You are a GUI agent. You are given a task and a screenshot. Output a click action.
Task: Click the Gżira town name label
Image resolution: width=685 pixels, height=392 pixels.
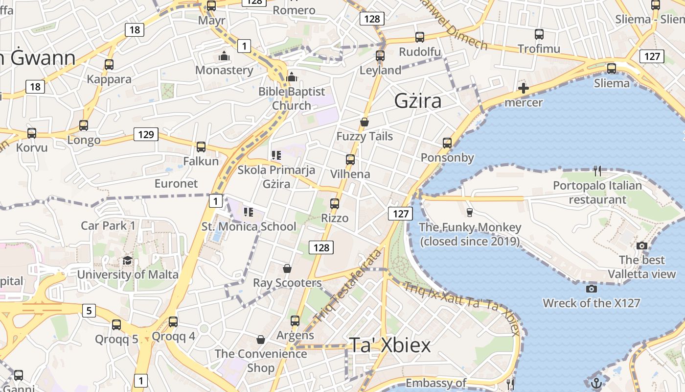[x=418, y=101]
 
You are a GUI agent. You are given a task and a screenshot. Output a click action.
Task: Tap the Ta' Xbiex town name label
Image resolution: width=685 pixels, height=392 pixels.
[x=390, y=345]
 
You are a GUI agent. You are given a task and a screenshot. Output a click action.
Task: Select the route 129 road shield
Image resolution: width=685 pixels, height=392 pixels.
[x=146, y=134]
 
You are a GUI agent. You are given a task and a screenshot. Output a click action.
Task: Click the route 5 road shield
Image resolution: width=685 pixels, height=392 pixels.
[x=89, y=310]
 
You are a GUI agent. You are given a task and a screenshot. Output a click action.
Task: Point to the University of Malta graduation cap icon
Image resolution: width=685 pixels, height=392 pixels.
[x=128, y=260]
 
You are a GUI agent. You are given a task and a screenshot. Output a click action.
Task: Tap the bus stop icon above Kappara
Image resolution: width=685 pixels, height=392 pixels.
[x=109, y=65]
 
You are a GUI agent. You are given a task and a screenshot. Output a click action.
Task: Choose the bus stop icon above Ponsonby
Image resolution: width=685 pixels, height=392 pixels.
[x=447, y=143]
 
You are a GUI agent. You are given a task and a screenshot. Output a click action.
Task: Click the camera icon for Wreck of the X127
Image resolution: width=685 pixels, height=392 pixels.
[x=591, y=289]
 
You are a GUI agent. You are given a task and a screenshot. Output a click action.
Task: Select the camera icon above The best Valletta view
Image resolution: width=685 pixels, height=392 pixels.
[x=642, y=245]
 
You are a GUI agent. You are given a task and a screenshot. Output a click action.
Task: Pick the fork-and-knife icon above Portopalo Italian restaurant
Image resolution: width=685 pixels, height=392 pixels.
[x=597, y=171]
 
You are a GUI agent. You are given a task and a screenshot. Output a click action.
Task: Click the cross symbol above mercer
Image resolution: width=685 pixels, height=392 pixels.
[x=524, y=89]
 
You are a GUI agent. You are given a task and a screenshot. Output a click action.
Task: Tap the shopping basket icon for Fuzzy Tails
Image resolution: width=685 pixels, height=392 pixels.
[x=365, y=122]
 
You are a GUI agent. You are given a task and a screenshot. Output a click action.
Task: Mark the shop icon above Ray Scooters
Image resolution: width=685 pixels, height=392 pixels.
[x=287, y=269]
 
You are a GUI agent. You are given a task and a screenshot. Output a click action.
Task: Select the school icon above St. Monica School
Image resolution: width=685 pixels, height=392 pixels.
[x=249, y=212]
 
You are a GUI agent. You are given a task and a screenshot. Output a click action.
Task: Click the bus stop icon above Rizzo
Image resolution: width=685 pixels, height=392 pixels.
[x=335, y=203]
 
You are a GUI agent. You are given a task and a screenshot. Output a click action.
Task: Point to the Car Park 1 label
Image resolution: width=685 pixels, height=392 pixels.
[x=108, y=226]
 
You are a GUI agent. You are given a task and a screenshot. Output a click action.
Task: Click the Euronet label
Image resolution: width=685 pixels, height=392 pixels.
[x=176, y=184]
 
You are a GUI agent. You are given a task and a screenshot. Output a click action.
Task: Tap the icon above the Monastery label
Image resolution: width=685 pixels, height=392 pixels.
[x=224, y=56]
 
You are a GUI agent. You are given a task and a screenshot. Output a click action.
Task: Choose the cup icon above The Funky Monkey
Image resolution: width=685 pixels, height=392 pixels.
[x=470, y=212]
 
